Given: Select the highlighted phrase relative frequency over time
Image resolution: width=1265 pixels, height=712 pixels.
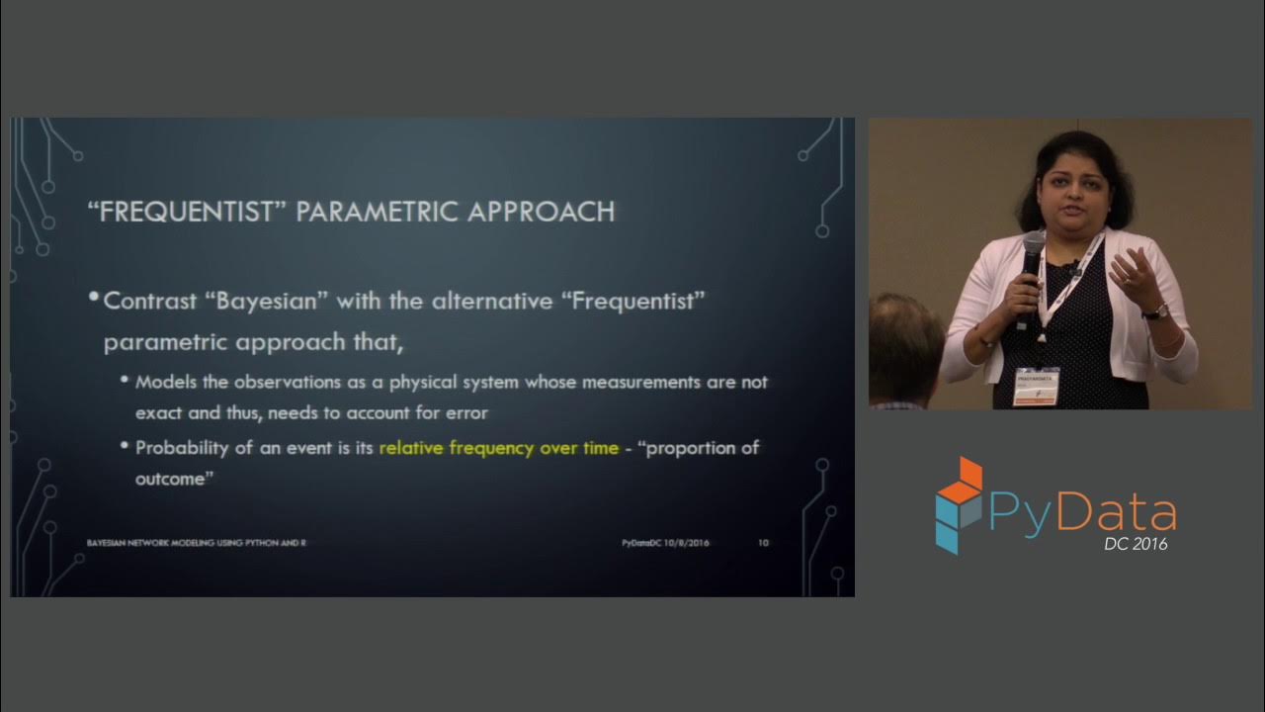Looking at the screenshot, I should tap(498, 448).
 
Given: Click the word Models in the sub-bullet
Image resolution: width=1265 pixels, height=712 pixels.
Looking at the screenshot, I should tap(163, 382).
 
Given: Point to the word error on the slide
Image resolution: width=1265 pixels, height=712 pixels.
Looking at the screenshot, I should tap(468, 412).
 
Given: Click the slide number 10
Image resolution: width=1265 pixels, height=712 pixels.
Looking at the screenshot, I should tap(763, 543).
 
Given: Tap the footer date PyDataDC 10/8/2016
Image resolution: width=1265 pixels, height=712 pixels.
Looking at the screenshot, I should tap(665, 543).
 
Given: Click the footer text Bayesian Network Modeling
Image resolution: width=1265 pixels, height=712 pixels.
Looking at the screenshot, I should tap(158, 543).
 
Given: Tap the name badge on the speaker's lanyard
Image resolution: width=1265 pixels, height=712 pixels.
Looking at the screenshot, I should tap(1035, 387).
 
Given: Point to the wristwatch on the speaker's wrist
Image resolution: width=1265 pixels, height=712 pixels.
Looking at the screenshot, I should tap(1155, 311).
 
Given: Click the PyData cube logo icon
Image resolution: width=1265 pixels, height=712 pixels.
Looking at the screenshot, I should tap(959, 504).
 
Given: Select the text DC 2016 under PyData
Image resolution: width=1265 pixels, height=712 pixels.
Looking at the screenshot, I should tap(1136, 543).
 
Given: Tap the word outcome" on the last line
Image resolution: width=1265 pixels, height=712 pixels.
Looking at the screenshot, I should tap(176, 479).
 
